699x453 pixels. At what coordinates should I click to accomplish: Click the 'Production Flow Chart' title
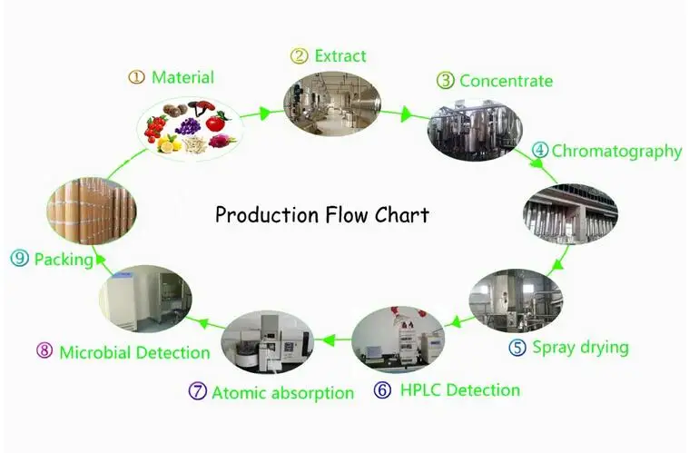(322, 214)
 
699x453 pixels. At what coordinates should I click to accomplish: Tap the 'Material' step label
(182, 77)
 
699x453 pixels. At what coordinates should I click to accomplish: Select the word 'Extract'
(340, 55)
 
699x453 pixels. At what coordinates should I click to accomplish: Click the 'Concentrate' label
(506, 81)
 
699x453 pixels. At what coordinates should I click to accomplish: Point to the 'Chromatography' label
(616, 152)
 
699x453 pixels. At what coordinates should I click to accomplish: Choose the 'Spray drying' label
(580, 348)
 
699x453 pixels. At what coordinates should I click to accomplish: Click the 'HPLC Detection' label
(460, 390)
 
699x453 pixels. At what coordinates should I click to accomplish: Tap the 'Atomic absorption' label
(282, 393)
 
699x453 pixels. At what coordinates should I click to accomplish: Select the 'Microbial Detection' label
(134, 352)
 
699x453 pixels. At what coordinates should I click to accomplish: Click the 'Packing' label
(64, 260)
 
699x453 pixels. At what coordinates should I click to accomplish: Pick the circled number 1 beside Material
(136, 77)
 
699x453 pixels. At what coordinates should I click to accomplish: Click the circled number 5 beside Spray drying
(517, 347)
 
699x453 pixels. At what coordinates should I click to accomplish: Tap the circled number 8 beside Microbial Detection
(44, 350)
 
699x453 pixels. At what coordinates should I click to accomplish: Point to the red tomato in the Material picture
(217, 122)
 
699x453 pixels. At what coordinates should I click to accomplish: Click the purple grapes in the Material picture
(188, 126)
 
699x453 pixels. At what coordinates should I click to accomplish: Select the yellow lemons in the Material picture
(169, 143)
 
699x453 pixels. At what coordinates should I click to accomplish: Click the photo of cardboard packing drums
(92, 211)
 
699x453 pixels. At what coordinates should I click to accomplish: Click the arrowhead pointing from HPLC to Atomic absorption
(329, 340)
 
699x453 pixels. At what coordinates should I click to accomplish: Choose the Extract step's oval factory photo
(332, 103)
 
